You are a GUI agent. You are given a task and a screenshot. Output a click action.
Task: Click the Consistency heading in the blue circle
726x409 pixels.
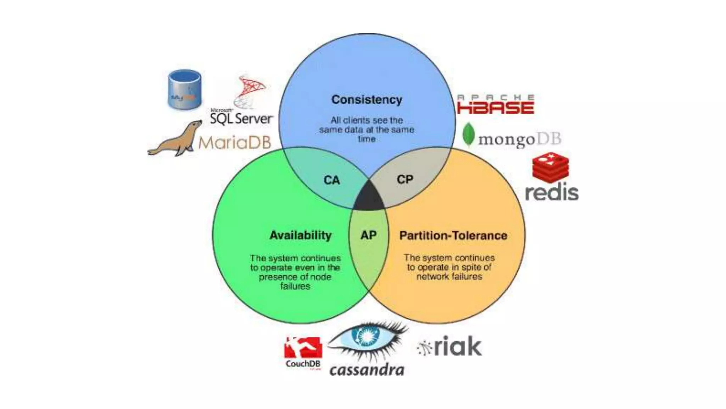coord(367,100)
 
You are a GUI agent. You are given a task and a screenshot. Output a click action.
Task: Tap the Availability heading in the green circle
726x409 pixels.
coord(300,235)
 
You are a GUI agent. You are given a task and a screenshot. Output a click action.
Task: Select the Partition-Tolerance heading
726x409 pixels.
coord(453,236)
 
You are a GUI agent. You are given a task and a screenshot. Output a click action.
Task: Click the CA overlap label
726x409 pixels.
coord(332,180)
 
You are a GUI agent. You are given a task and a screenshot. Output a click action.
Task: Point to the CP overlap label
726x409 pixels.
coord(405,180)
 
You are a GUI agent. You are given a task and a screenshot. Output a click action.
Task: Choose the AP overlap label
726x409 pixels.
coord(369,235)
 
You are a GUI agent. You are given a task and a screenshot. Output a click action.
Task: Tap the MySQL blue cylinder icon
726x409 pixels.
coord(184,89)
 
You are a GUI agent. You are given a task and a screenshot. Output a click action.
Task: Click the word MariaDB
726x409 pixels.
coord(235,143)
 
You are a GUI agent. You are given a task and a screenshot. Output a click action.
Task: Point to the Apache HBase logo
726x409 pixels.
coord(496,105)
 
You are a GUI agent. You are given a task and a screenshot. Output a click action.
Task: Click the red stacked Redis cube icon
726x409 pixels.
coord(551,168)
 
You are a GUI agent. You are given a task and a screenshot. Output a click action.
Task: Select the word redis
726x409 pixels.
coord(552,193)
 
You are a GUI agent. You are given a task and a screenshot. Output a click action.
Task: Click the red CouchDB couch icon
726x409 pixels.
coord(303,348)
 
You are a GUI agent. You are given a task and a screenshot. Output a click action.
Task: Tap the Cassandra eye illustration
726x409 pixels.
coord(367,338)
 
